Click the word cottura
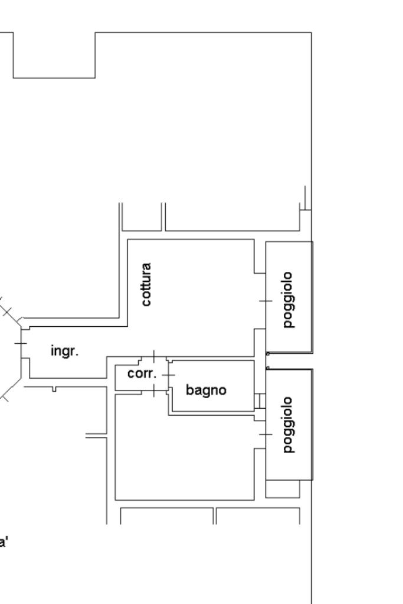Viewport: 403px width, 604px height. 146,284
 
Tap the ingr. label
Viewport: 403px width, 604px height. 65,351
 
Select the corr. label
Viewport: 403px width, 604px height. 142,373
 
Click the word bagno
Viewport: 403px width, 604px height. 206,390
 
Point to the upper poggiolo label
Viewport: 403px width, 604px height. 289,300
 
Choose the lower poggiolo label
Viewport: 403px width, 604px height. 289,425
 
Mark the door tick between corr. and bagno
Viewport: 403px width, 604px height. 168,375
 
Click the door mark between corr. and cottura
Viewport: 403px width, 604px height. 154,356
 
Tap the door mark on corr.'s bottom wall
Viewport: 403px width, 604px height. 154,390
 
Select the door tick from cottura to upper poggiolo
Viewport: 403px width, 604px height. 266,301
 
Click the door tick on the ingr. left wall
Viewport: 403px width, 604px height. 21,343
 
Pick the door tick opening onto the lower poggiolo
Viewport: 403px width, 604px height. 266,435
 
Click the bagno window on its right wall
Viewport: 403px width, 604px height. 260,401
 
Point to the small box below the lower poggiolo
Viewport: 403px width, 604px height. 283,489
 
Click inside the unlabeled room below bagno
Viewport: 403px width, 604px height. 185,455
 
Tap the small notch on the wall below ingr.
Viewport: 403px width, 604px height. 54,389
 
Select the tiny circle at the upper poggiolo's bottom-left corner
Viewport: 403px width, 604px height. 268,354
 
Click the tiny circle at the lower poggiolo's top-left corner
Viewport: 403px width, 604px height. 268,368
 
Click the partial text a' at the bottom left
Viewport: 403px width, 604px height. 4,543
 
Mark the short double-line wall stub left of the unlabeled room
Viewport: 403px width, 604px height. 96,436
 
